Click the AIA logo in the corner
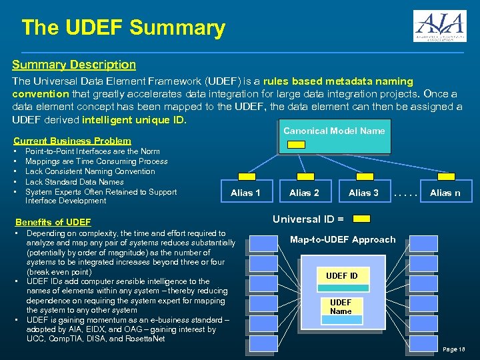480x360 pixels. (x=439, y=26)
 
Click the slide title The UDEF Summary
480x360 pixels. (x=123, y=28)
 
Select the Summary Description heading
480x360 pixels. (x=74, y=65)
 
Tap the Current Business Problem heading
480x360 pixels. (x=72, y=141)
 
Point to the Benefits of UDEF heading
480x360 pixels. (x=53, y=222)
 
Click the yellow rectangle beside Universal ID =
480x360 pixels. (x=361, y=219)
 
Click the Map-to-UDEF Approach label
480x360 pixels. (x=343, y=239)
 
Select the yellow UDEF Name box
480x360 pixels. (x=341, y=307)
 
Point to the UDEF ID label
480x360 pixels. (x=341, y=276)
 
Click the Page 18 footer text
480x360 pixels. (x=453, y=349)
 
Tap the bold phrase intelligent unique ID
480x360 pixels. (x=134, y=121)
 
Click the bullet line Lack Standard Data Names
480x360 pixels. (x=74, y=181)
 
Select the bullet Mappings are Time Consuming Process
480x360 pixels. (x=96, y=161)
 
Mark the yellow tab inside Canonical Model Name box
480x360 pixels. (x=297, y=144)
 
